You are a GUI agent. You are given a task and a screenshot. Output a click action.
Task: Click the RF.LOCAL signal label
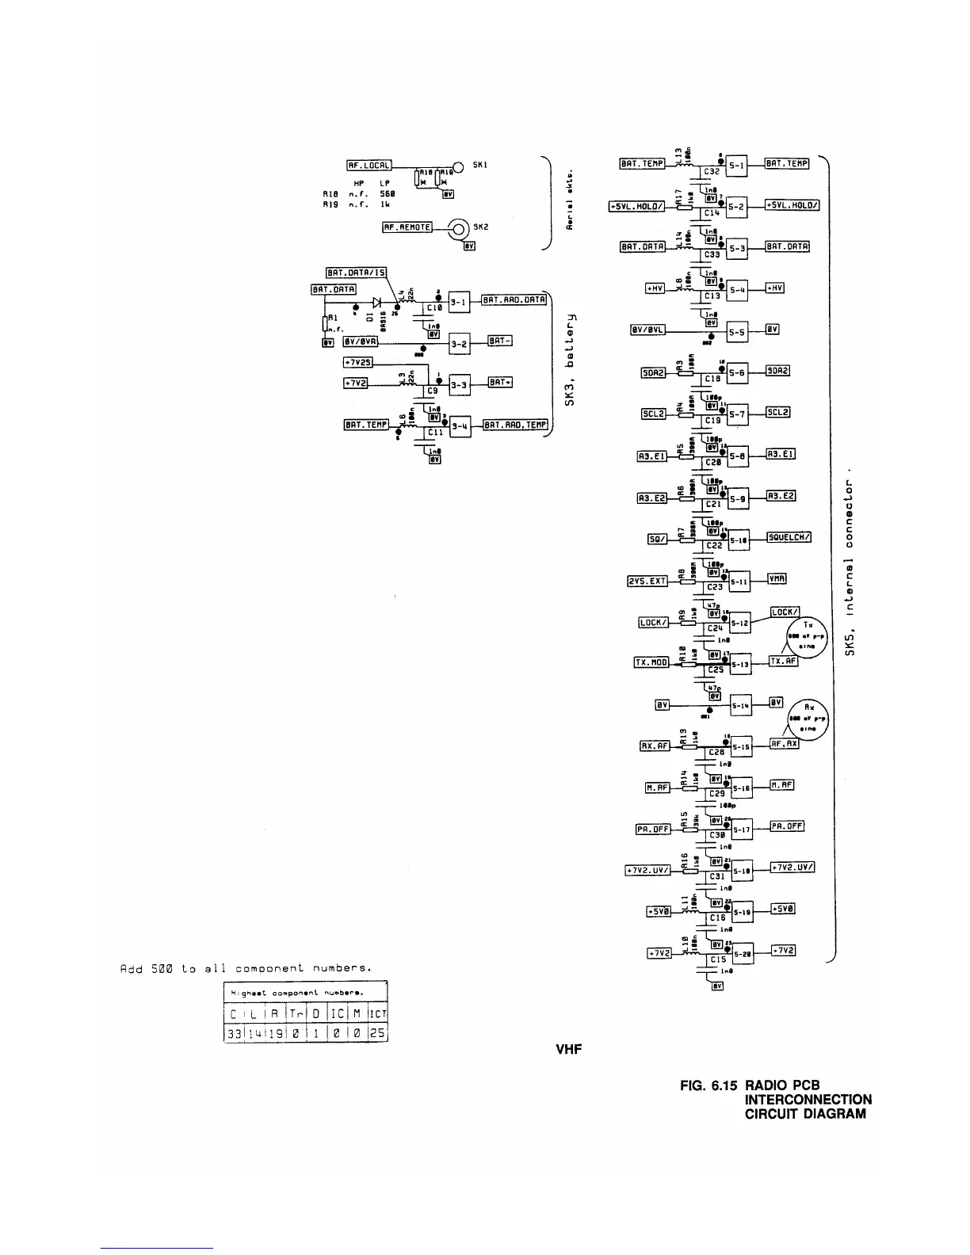[x=369, y=166]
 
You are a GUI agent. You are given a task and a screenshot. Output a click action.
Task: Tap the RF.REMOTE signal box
[x=407, y=227]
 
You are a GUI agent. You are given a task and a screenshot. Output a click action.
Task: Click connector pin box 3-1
[x=460, y=301]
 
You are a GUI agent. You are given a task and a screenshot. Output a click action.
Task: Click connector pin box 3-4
[x=460, y=426]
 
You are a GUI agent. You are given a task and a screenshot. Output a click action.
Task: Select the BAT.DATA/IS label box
[x=355, y=273]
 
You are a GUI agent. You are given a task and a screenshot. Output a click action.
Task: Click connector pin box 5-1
[x=737, y=166]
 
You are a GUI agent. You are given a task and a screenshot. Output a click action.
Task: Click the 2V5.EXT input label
[x=647, y=581]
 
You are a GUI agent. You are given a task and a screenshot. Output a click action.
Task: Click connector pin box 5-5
[x=737, y=333]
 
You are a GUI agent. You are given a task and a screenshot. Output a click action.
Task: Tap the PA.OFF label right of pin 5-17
[x=787, y=826]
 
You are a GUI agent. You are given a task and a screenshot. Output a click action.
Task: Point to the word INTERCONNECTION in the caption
[x=808, y=1099]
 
